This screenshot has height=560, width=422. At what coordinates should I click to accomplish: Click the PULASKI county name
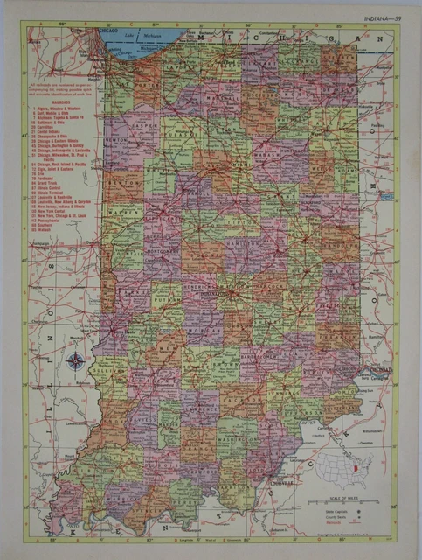(x=173, y=131)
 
